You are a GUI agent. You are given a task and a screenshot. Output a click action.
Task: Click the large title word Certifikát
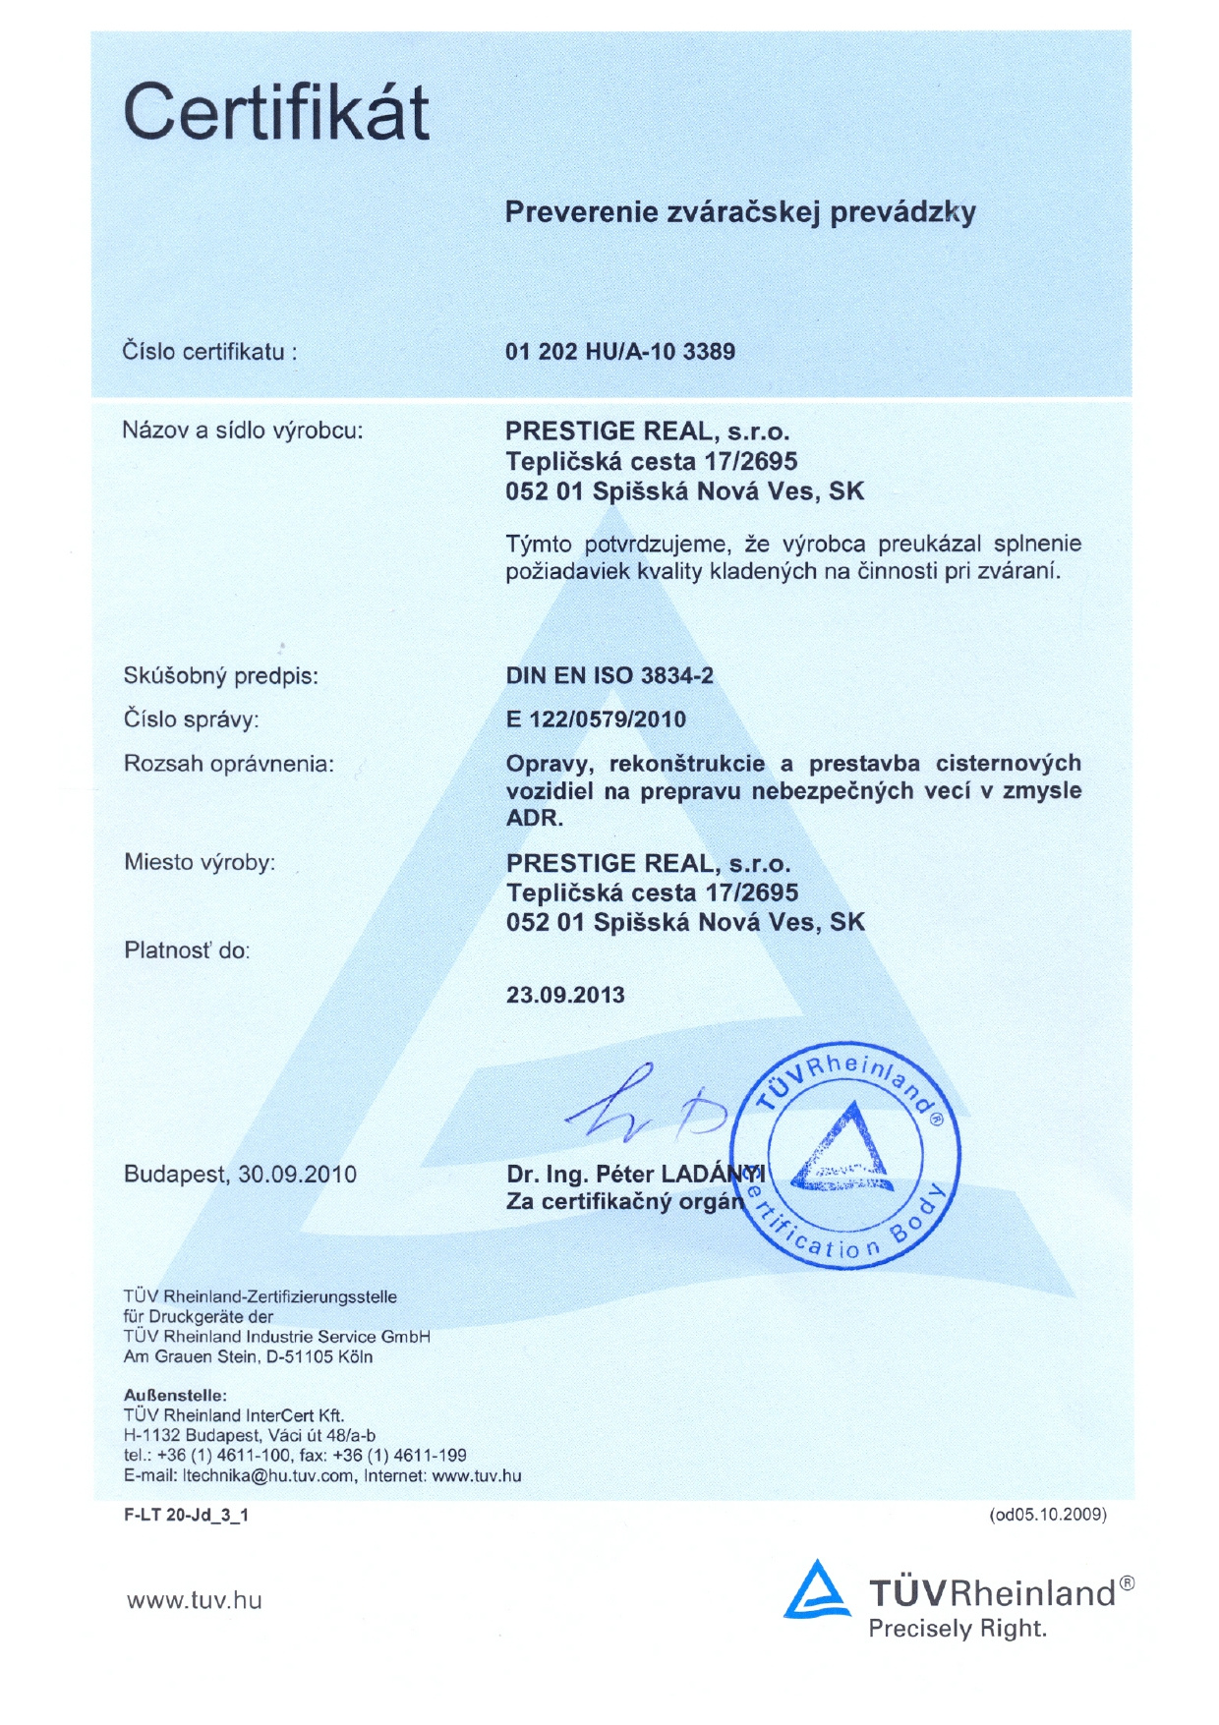point(276,112)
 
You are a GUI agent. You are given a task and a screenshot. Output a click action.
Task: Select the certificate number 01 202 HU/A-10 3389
point(619,352)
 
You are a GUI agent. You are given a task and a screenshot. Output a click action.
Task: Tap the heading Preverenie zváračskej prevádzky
point(739,212)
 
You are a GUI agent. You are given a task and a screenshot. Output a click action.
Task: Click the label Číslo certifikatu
point(208,352)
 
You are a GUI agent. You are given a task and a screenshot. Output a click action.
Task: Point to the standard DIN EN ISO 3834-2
point(609,676)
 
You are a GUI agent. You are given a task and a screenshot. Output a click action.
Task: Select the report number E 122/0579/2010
point(596,719)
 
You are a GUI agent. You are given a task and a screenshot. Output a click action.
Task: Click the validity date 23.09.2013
point(565,995)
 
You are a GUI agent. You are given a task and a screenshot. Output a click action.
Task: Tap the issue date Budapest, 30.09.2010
point(240,1175)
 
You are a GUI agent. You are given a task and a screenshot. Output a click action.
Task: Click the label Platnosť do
point(187,950)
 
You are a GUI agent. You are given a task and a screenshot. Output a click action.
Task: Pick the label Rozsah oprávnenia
point(228,764)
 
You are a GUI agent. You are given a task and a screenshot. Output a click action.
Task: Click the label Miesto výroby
point(200,863)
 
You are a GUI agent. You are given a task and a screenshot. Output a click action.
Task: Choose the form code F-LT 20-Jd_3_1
point(186,1515)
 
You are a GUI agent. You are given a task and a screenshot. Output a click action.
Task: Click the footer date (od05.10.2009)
point(1048,1515)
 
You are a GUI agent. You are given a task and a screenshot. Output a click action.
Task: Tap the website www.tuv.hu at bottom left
point(195,1601)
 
